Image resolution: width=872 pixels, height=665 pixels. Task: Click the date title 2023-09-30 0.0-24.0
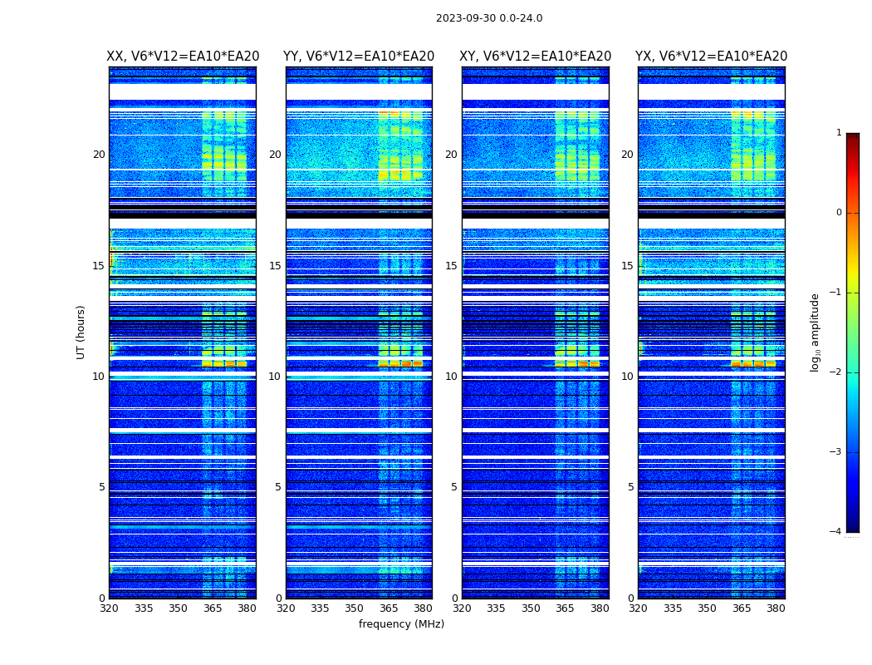pyautogui.click(x=489, y=18)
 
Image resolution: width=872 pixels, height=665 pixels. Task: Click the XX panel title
pyautogui.click(x=183, y=57)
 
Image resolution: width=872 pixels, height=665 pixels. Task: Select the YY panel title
pyautogui.click(x=359, y=57)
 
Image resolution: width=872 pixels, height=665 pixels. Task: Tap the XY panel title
pyautogui.click(x=536, y=57)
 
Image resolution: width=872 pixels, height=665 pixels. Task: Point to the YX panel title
pyautogui.click(x=712, y=57)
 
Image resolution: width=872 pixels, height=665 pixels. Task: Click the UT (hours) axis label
pyautogui.click(x=81, y=332)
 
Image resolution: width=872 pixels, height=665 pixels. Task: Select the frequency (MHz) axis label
pyautogui.click(x=401, y=624)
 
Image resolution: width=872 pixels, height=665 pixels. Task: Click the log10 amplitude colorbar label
pyautogui.click(x=816, y=332)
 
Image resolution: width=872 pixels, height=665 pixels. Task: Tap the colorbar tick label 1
pyautogui.click(x=838, y=133)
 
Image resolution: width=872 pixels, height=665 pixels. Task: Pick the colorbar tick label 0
pyautogui.click(x=838, y=213)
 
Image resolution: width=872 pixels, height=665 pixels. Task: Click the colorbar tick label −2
pyautogui.click(x=836, y=372)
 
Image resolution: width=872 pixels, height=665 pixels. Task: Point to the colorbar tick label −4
pyautogui.click(x=836, y=532)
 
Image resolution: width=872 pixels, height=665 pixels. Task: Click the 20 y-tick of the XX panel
pyautogui.click(x=99, y=155)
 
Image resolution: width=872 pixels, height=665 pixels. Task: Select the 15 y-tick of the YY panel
pyautogui.click(x=275, y=266)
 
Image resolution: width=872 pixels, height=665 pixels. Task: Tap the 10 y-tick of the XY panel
pyautogui.click(x=451, y=377)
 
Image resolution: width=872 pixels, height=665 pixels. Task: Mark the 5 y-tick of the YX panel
pyautogui.click(x=630, y=487)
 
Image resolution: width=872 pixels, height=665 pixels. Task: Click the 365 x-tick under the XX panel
pyautogui.click(x=213, y=608)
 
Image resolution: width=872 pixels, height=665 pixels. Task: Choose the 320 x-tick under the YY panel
pyautogui.click(x=286, y=608)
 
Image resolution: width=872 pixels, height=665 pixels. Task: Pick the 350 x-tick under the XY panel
pyautogui.click(x=531, y=608)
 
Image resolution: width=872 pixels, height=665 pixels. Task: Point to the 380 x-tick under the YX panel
pyautogui.click(x=776, y=608)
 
